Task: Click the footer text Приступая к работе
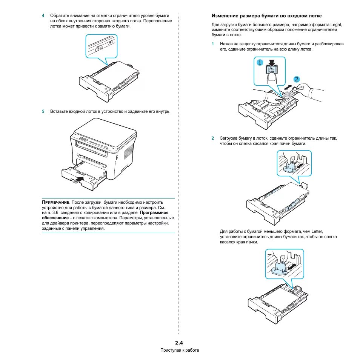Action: tap(180, 350)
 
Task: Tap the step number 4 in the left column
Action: tap(43, 15)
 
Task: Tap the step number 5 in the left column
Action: tap(43, 111)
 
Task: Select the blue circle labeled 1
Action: tap(260, 63)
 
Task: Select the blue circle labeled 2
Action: tap(297, 79)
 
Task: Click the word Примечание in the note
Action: tap(55, 203)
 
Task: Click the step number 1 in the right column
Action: tap(213, 44)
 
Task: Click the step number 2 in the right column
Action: tap(213, 138)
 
